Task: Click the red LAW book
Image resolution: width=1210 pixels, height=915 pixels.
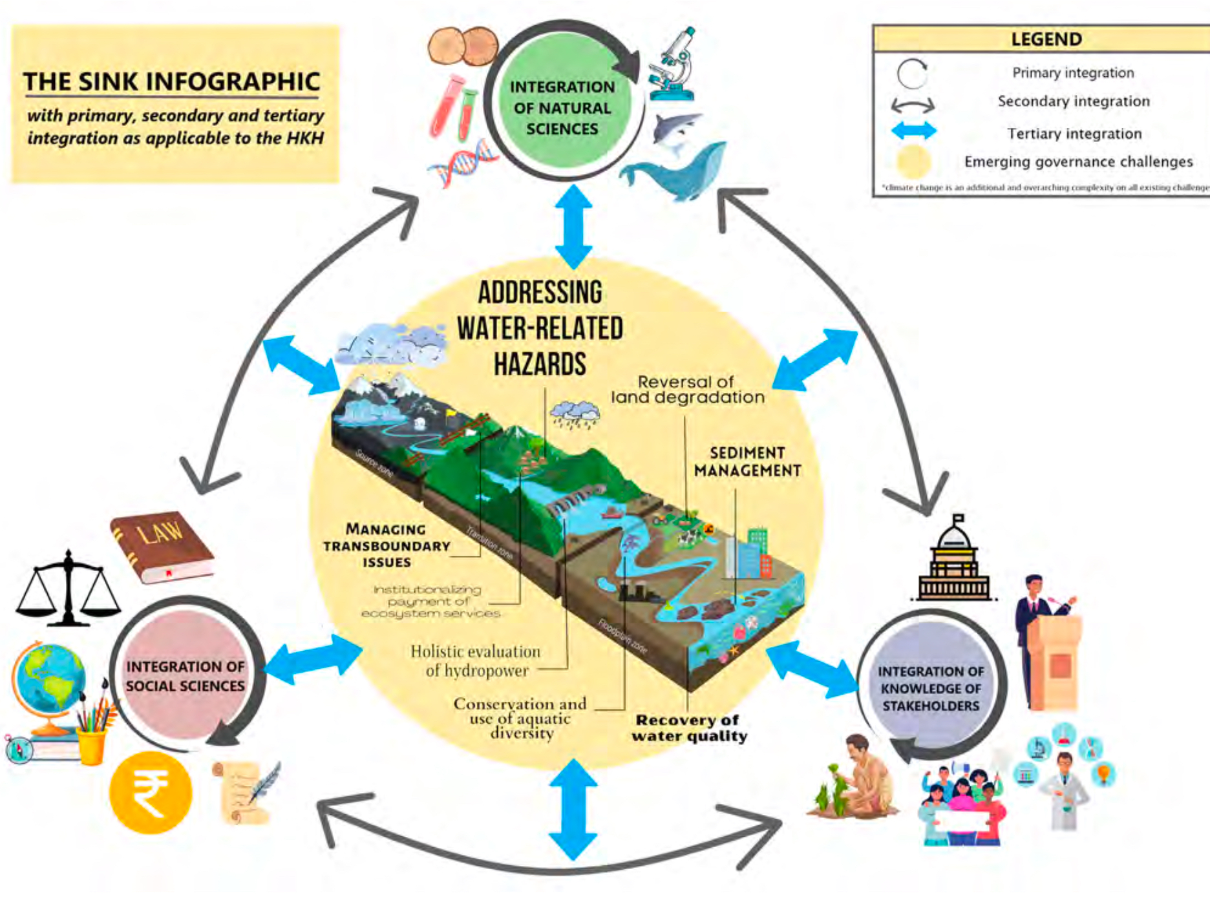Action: tap(162, 547)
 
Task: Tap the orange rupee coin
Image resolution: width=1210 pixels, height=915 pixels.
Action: tap(150, 792)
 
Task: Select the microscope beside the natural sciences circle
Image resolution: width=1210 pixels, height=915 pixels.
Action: tap(674, 65)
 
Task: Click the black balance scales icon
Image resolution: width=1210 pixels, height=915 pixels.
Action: tap(68, 589)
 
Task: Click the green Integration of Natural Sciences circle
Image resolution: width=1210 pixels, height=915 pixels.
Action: tap(562, 107)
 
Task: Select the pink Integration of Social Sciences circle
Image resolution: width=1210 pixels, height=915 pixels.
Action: tap(186, 675)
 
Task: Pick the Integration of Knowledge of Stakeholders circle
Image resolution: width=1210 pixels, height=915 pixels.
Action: tap(931, 688)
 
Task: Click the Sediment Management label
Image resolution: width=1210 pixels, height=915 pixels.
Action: tap(747, 461)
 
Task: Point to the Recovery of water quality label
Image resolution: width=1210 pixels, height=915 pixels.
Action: tap(689, 728)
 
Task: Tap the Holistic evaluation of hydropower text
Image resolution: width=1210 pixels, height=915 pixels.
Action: tap(476, 661)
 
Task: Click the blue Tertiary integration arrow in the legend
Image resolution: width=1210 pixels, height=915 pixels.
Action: tap(913, 131)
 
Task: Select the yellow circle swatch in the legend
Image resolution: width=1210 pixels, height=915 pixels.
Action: tap(913, 162)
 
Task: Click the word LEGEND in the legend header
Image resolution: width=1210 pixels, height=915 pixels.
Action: tap(1046, 39)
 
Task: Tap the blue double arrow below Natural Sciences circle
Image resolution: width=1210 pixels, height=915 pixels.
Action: tap(573, 226)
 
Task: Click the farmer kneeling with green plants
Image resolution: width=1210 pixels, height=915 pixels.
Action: tap(856, 779)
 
